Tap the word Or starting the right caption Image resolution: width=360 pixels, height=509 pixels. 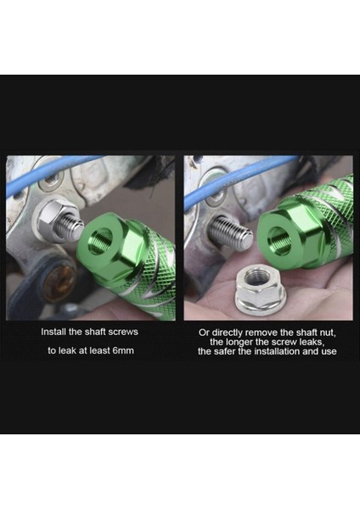[x=203, y=332]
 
